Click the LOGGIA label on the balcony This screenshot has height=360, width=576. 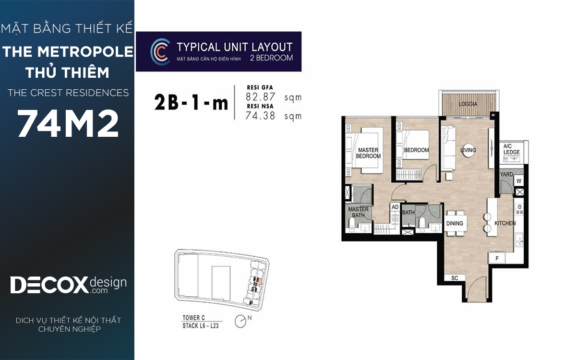[x=468, y=104]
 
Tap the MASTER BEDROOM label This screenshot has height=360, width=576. [x=368, y=153]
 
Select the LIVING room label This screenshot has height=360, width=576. [x=468, y=150]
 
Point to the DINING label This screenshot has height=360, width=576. [x=455, y=223]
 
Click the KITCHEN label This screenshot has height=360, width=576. [x=505, y=223]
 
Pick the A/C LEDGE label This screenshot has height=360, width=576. [x=512, y=149]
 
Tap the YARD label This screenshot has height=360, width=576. [x=506, y=174]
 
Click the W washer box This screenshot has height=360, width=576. [x=519, y=181]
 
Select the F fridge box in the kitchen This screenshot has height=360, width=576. [x=497, y=258]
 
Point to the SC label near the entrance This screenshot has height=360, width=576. [x=455, y=278]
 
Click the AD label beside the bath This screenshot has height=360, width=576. [x=395, y=207]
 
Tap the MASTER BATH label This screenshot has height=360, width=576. [x=358, y=212]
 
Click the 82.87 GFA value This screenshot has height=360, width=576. [x=260, y=97]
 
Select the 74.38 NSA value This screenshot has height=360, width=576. [x=260, y=116]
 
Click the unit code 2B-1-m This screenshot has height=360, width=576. [x=191, y=103]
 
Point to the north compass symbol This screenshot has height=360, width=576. [x=240, y=322]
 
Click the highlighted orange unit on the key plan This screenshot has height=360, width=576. [x=260, y=281]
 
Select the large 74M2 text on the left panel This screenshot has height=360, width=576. [x=68, y=123]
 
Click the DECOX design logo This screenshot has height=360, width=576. [x=68, y=285]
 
